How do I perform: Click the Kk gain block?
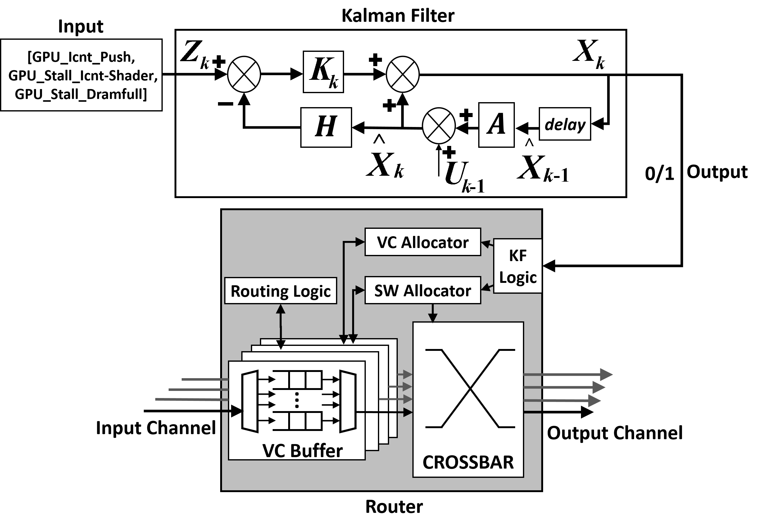pyautogui.click(x=323, y=72)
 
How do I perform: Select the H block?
pyautogui.click(x=326, y=127)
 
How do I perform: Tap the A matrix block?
pyautogui.click(x=496, y=125)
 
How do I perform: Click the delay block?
pyautogui.click(x=565, y=124)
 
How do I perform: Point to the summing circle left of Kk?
pyautogui.click(x=244, y=75)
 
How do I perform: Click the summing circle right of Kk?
pyautogui.click(x=402, y=75)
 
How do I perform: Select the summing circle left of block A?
pyautogui.click(x=439, y=126)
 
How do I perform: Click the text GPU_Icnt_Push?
pyautogui.click(x=82, y=57)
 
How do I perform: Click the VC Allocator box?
pyautogui.click(x=422, y=242)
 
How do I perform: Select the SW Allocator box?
pyautogui.click(x=422, y=290)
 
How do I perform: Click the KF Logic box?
pyautogui.click(x=517, y=266)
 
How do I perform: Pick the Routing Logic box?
pyautogui.click(x=280, y=291)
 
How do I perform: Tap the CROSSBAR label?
pyautogui.click(x=468, y=462)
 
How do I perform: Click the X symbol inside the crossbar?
pyautogui.click(x=470, y=388)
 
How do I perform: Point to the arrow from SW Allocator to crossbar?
pyautogui.click(x=433, y=313)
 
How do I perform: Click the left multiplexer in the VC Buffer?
pyautogui.click(x=250, y=401)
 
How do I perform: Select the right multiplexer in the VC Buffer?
pyautogui.click(x=348, y=401)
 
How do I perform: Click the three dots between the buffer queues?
pyautogui.click(x=297, y=400)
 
